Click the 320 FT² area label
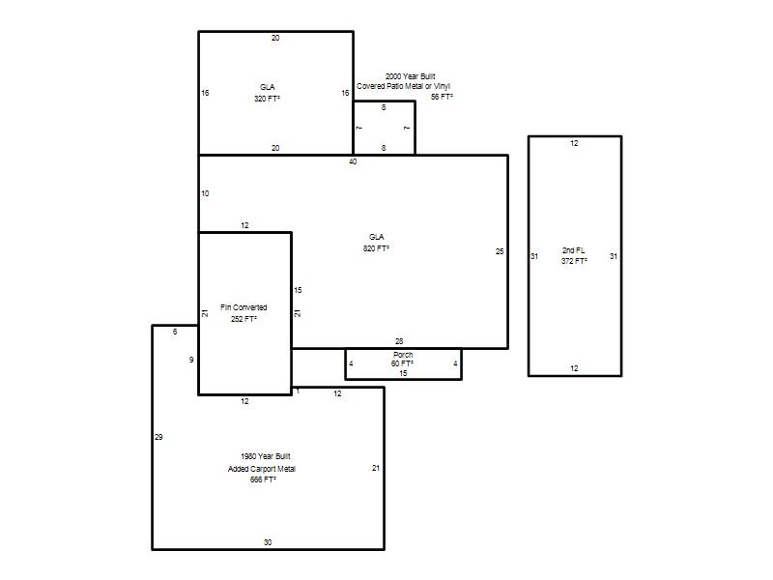(x=268, y=99)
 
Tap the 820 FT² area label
(x=376, y=248)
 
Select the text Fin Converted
(x=243, y=307)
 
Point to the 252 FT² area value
(x=243, y=319)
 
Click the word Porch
(x=403, y=355)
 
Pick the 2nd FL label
(x=574, y=250)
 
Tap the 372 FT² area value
(x=574, y=261)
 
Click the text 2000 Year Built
(x=410, y=76)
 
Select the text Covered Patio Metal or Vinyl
(x=403, y=86)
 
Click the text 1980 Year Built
(x=266, y=456)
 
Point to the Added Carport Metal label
(x=262, y=469)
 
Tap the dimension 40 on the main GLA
(x=353, y=161)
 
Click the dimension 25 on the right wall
(x=500, y=251)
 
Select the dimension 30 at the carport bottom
(x=268, y=542)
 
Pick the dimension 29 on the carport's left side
(x=158, y=437)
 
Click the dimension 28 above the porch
(x=399, y=341)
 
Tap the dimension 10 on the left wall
(x=205, y=194)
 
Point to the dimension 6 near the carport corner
(x=175, y=332)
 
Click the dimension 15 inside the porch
(x=403, y=373)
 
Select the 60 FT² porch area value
(x=402, y=364)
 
